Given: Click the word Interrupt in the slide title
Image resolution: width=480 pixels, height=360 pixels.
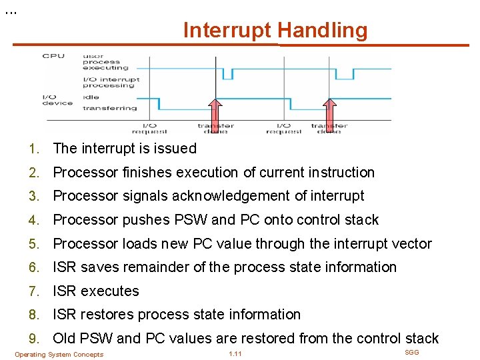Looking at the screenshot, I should tap(227, 30).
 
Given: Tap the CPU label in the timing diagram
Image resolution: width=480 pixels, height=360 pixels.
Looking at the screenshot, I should tap(53, 56).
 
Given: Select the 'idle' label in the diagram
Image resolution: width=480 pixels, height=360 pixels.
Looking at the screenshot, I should tap(90, 97).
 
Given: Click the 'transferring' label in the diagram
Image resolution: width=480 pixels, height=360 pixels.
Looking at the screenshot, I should tap(109, 108).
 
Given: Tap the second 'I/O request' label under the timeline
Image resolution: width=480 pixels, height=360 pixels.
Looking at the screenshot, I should tap(284, 128).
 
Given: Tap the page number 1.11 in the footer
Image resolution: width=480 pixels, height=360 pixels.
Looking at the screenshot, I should tap(235, 354).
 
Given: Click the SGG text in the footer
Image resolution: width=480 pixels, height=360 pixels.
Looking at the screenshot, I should tap(412, 352).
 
